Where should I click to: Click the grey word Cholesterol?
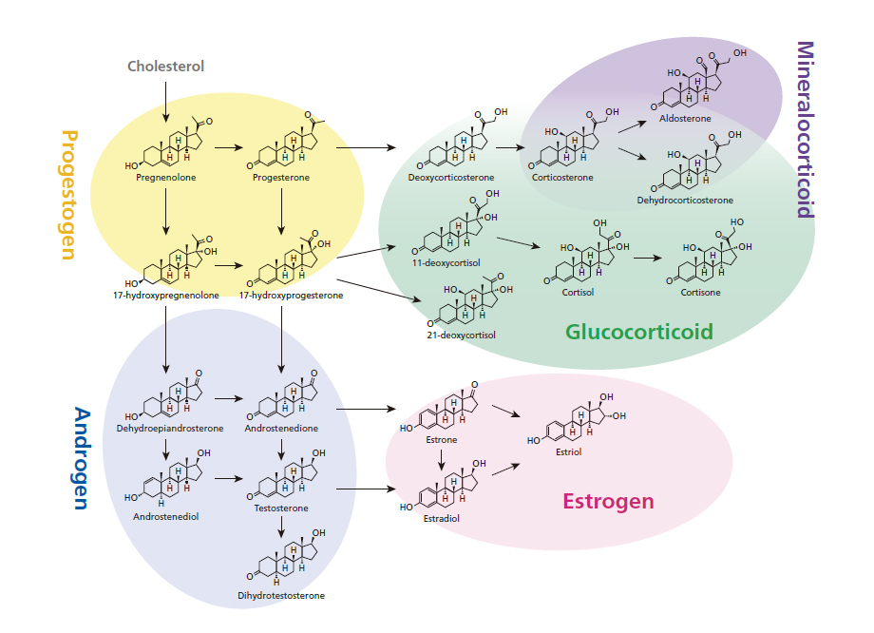click(x=166, y=67)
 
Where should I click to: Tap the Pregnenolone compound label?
click(x=166, y=177)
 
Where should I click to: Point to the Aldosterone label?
click(x=685, y=119)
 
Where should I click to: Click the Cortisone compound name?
click(x=700, y=293)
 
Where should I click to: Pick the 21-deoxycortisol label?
click(x=460, y=335)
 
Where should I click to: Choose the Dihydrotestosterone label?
click(x=281, y=596)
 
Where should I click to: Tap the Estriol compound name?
click(x=568, y=451)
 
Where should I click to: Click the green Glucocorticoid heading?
click(x=638, y=332)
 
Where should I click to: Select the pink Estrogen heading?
click(x=608, y=502)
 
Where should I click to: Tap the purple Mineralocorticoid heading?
click(x=805, y=129)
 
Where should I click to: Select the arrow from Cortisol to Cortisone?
click(x=649, y=257)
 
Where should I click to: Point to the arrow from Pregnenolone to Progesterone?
click(x=229, y=147)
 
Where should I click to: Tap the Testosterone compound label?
click(x=281, y=508)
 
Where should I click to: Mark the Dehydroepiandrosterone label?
click(x=170, y=429)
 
